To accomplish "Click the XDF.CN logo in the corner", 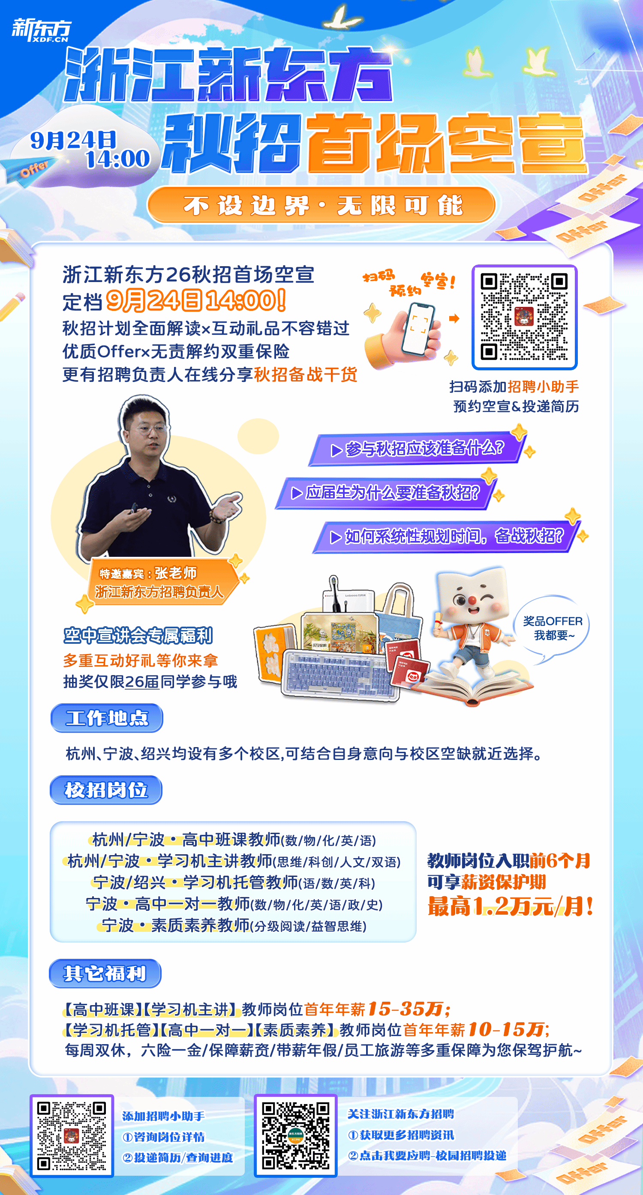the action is tap(41, 30).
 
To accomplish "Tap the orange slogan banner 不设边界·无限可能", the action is tap(321, 204).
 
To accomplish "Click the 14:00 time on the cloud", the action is tap(118, 159).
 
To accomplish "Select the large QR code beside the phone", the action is tap(524, 317).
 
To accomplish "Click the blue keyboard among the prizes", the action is tap(340, 675).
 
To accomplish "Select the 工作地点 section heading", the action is tap(107, 718).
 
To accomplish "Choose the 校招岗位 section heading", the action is tap(106, 790).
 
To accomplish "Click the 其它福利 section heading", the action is tap(105, 973).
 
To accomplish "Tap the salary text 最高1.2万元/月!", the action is tap(510, 906).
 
